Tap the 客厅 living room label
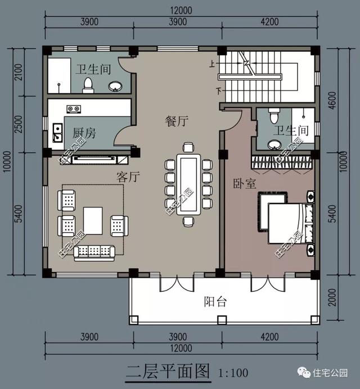[127, 178]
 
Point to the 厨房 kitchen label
[84, 133]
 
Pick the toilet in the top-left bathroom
[88, 85]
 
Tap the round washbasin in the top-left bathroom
[115, 86]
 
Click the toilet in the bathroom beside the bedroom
[274, 117]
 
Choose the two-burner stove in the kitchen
[74, 108]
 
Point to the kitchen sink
[57, 134]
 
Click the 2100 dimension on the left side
[17, 73]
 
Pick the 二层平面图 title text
[168, 371]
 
